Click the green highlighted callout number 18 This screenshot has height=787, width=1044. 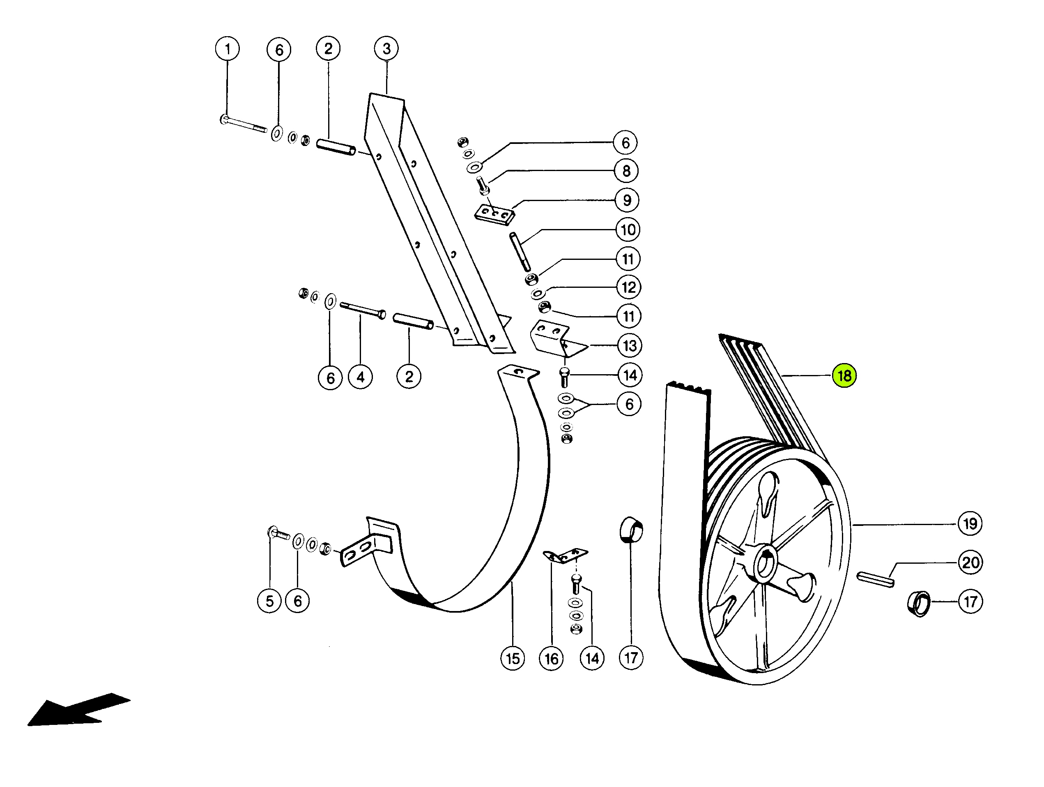point(844,376)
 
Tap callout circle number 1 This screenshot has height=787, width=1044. point(228,49)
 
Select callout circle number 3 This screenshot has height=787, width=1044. point(386,48)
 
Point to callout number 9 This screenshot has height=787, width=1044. point(627,200)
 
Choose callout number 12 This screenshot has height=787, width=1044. point(629,287)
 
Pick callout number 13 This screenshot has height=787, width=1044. point(630,346)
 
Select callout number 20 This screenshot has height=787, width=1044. point(970,562)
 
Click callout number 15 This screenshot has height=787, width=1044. point(513,658)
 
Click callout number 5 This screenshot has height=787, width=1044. point(269,601)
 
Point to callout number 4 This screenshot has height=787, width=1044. point(361,377)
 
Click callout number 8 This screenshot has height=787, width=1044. point(626,171)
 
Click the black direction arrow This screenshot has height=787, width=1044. point(79,710)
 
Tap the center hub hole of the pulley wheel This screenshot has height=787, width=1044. point(765,564)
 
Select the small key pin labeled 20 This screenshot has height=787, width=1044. point(875,579)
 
